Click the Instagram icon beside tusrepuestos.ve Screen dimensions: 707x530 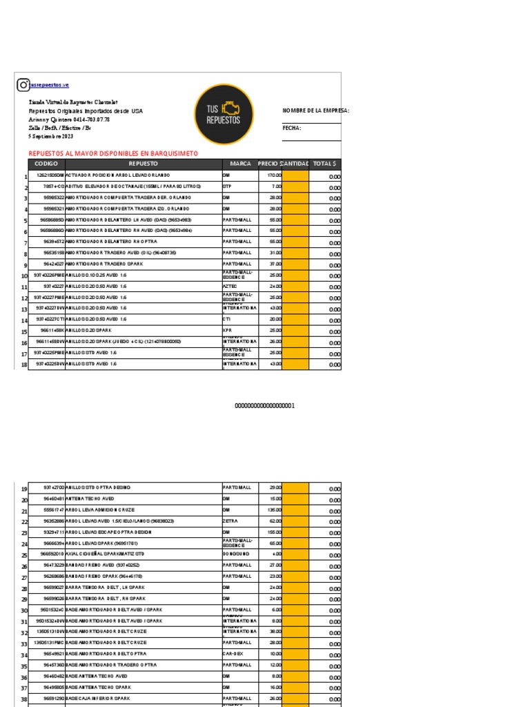(x=23, y=84)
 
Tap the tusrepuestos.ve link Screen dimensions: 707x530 (x=50, y=85)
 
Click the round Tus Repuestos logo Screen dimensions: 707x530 (x=223, y=115)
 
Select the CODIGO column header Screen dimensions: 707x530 (x=46, y=164)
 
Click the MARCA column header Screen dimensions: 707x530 (x=240, y=164)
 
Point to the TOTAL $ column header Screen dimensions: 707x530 (x=324, y=164)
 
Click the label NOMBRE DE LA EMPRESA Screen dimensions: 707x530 (x=316, y=110)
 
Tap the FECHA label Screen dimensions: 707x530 (x=292, y=128)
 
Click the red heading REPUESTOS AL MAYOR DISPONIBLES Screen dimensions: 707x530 (x=113, y=153)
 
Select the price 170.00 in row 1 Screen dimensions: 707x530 (x=275, y=175)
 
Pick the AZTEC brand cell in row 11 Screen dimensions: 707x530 (x=230, y=286)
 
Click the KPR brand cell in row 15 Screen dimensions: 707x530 (x=226, y=331)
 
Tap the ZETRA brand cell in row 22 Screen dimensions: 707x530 (x=230, y=521)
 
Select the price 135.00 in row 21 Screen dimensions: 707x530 (x=275, y=510)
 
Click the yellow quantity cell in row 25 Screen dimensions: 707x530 (x=295, y=554)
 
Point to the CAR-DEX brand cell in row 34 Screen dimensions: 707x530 (x=232, y=653)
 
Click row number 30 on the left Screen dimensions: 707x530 (x=23, y=610)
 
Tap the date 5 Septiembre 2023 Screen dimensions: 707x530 (x=50, y=137)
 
